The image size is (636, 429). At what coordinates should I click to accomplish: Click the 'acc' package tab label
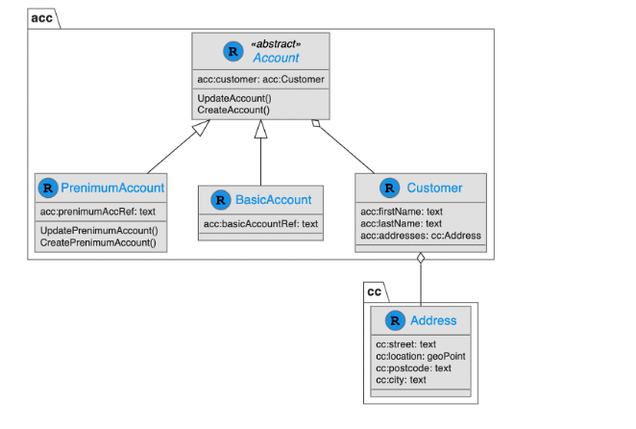tap(42, 17)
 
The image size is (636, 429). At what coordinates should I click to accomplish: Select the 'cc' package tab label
tap(375, 291)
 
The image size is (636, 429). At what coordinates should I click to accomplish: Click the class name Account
tap(276, 58)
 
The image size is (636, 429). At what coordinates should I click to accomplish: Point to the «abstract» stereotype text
tap(276, 44)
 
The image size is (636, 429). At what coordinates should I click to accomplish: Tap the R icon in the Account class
tap(232, 50)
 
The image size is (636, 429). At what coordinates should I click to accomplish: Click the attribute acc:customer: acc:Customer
tap(260, 79)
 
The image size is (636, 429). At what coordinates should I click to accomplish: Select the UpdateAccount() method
tap(234, 98)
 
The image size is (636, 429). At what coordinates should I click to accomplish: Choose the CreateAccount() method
tap(233, 110)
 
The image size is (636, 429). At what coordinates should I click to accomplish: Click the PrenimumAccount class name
tap(112, 188)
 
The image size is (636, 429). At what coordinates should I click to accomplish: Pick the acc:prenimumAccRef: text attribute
tap(97, 211)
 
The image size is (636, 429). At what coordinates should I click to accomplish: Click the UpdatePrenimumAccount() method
tap(98, 230)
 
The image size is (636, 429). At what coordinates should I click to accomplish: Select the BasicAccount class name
tap(274, 200)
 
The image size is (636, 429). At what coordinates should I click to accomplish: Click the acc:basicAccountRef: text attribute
tap(260, 224)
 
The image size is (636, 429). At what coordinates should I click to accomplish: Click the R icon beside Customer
tap(389, 188)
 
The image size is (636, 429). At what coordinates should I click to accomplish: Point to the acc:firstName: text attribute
tap(401, 212)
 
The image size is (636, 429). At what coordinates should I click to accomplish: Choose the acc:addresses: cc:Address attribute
tap(420, 235)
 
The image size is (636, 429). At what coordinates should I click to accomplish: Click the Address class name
tap(433, 320)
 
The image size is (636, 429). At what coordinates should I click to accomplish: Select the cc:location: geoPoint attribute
tap(421, 356)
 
